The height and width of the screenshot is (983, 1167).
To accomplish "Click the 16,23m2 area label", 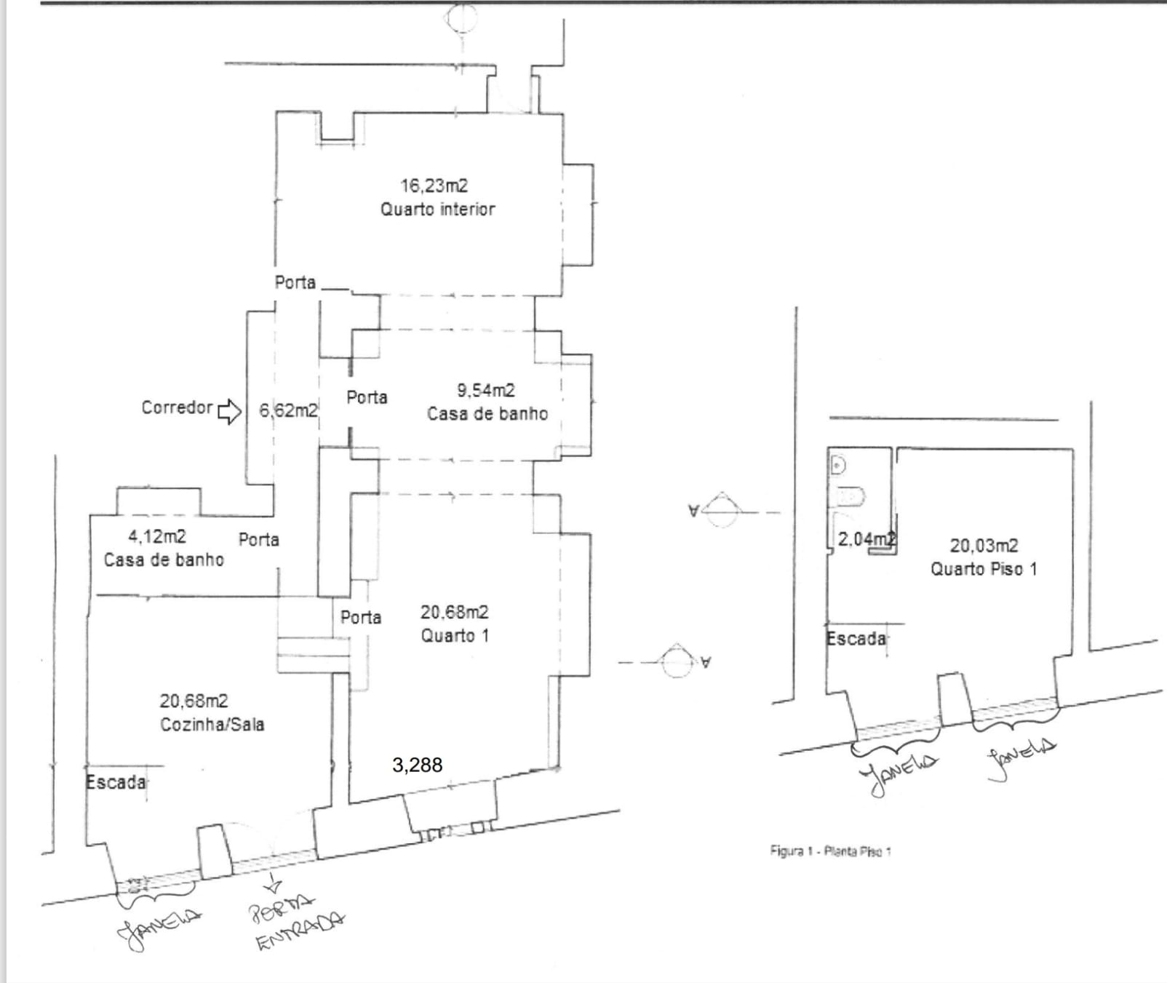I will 434,186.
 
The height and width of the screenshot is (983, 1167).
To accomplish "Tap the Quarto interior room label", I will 437,210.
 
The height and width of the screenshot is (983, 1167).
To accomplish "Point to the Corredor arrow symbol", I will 230,411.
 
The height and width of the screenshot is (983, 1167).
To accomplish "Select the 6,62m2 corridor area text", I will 288,410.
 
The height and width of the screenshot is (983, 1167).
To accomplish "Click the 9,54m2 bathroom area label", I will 485,391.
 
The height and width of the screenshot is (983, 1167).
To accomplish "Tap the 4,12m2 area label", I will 157,537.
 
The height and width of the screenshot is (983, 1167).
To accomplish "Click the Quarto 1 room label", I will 455,635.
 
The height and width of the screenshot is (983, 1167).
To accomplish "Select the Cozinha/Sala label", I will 212,725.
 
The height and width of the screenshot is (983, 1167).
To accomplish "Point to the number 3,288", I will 417,765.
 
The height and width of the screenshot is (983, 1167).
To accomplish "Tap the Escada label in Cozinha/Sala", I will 116,783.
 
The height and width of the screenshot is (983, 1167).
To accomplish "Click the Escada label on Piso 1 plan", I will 856,639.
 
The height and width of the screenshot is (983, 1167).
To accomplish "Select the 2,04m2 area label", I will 866,540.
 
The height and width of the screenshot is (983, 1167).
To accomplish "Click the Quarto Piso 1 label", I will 984,569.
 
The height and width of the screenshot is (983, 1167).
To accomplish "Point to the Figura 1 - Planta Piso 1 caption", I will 830,851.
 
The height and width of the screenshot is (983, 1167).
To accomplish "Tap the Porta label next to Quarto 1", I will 361,617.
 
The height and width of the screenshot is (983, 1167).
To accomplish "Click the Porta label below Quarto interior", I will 295,282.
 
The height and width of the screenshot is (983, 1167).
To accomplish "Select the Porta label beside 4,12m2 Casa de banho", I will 259,539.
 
